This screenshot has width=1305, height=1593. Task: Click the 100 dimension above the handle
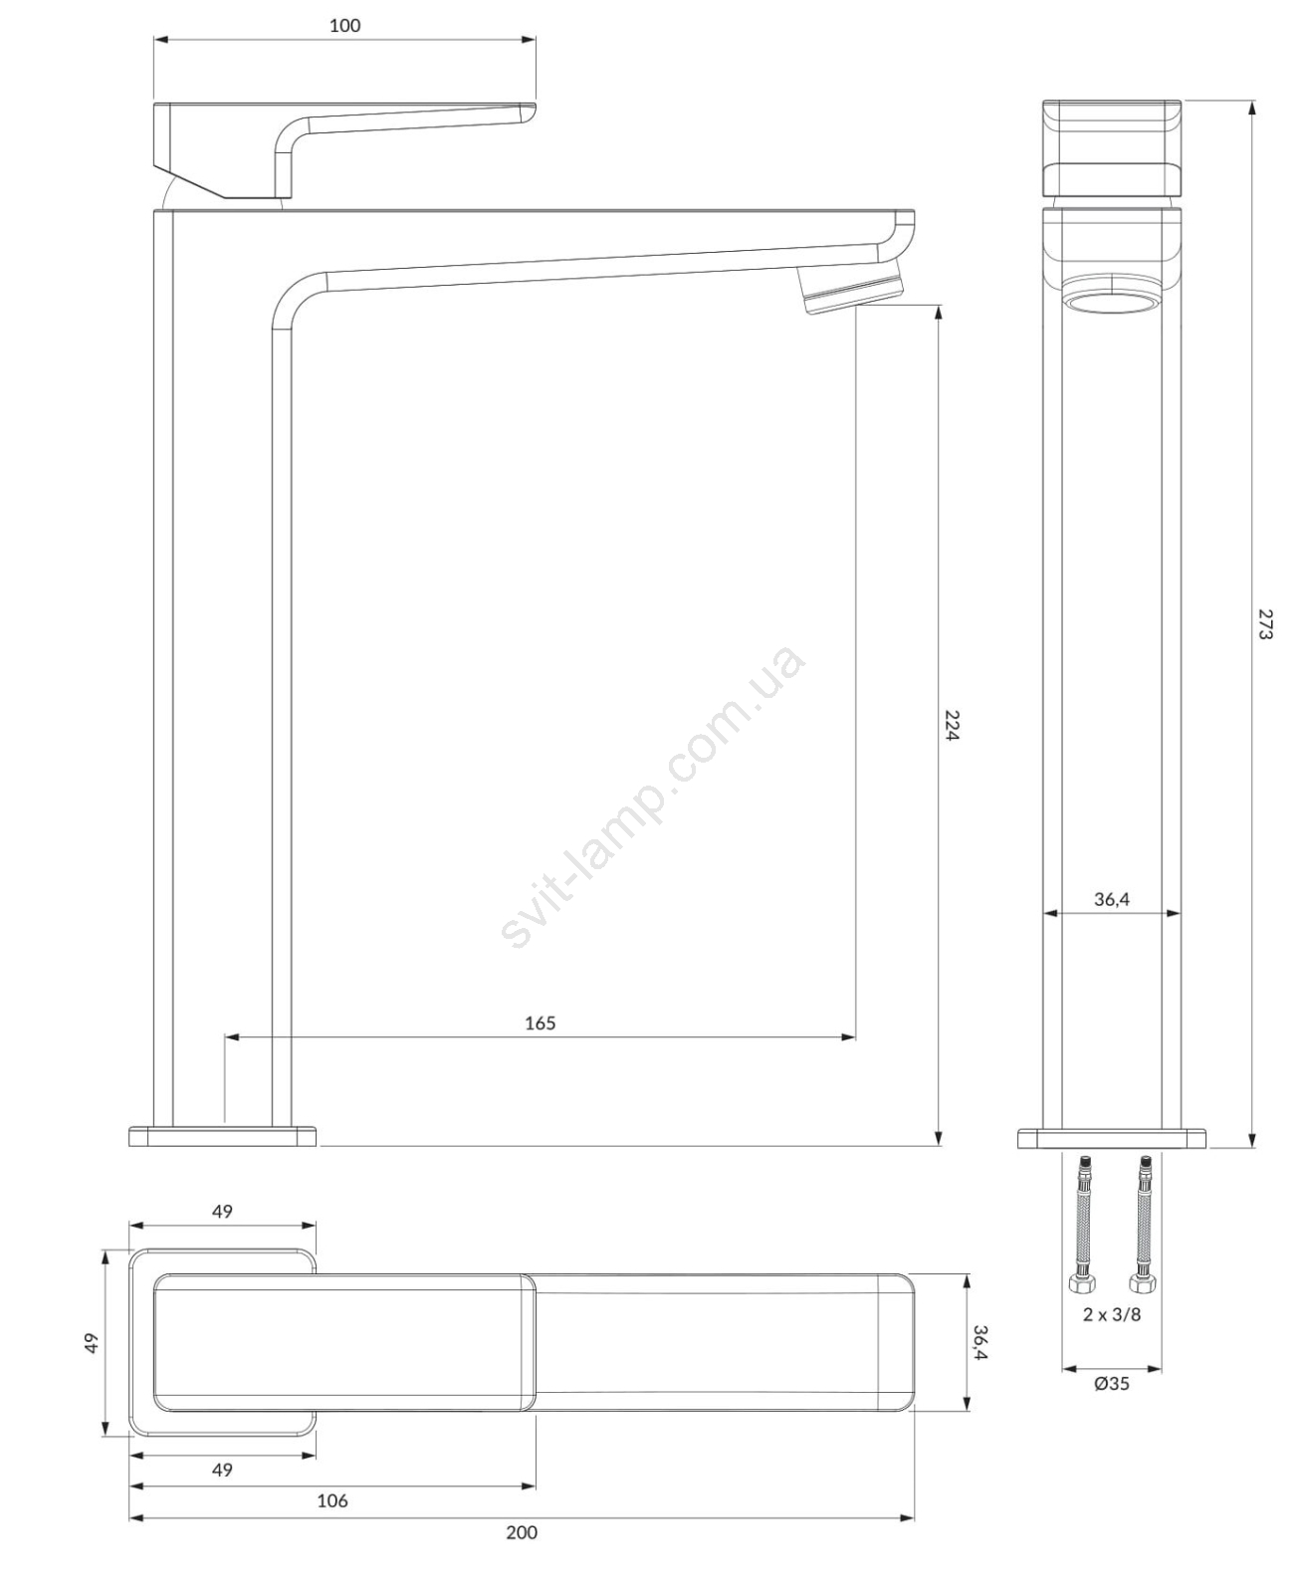(x=344, y=26)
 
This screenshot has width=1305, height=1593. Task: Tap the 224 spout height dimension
(x=952, y=725)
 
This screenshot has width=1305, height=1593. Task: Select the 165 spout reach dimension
(x=540, y=1024)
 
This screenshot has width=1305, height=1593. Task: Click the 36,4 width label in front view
(x=1112, y=900)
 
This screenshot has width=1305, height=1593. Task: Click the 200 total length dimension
(x=522, y=1532)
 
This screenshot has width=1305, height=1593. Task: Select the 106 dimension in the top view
(x=332, y=1500)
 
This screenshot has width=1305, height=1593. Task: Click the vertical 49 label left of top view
(x=93, y=1344)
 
